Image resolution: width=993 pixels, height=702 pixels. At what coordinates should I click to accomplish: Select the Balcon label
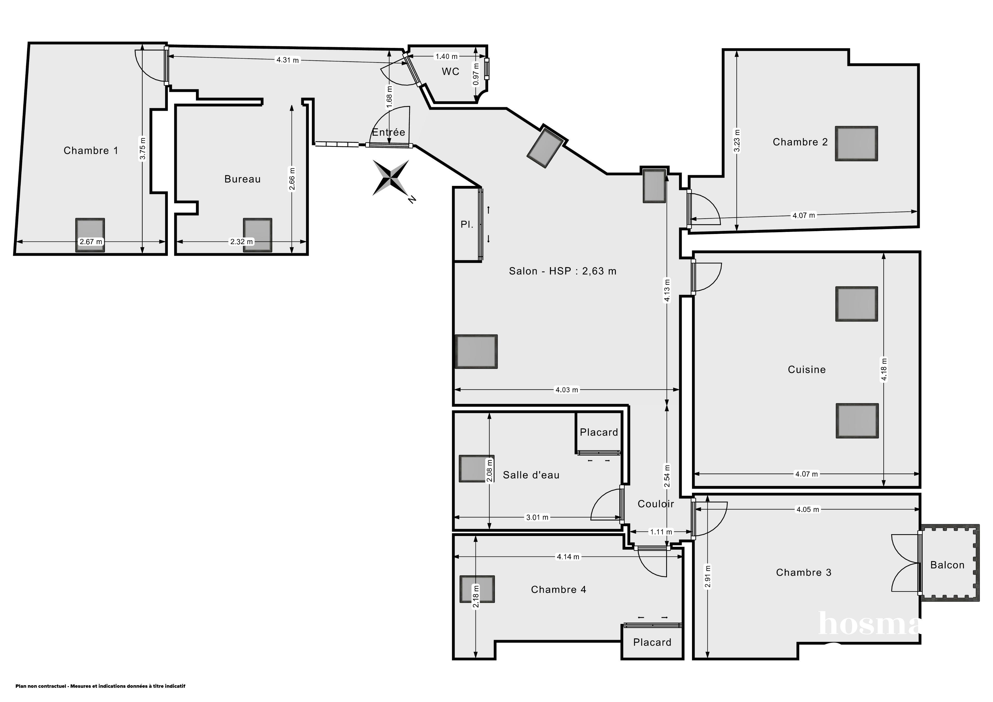pyautogui.click(x=947, y=565)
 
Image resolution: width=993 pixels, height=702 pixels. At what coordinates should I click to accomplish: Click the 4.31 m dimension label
pyautogui.click(x=288, y=60)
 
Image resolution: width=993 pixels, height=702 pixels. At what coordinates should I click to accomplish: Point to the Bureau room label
pyautogui.click(x=242, y=179)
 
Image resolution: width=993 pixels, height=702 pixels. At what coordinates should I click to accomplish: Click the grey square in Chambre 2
pyautogui.click(x=856, y=144)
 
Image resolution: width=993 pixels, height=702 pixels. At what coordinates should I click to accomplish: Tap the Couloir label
pyautogui.click(x=656, y=504)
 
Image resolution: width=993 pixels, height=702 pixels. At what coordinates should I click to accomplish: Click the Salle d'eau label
pyautogui.click(x=531, y=475)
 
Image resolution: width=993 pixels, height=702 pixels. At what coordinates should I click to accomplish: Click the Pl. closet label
pyautogui.click(x=467, y=224)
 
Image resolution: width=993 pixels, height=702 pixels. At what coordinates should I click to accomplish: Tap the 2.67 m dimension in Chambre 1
pyautogui.click(x=91, y=242)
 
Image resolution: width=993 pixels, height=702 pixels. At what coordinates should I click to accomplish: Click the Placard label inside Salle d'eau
pyautogui.click(x=599, y=432)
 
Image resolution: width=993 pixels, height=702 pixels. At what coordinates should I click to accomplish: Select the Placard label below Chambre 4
pyautogui.click(x=652, y=642)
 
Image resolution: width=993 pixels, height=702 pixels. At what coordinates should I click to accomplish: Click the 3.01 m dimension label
pyautogui.click(x=537, y=517)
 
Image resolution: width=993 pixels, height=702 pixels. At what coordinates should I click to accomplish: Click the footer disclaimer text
pyautogui.click(x=100, y=686)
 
